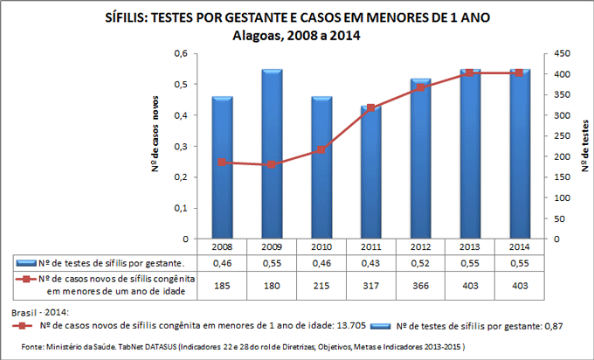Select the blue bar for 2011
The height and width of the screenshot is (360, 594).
pyautogui.click(x=371, y=175)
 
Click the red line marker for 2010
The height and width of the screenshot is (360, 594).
pyautogui.click(x=321, y=149)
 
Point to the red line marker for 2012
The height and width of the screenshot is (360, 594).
pyautogui.click(x=421, y=87)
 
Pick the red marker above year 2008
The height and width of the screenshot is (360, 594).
pyautogui.click(x=222, y=163)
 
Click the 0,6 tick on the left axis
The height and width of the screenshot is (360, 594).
pyautogui.click(x=183, y=53)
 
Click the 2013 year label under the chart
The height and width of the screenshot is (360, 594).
pyautogui.click(x=471, y=247)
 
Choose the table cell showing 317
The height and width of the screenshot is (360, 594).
pyautogui.click(x=371, y=285)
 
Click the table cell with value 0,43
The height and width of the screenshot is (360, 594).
pyautogui.click(x=371, y=262)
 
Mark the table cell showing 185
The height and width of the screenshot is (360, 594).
pyautogui.click(x=222, y=285)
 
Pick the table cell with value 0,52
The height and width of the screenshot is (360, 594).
pyautogui.click(x=421, y=262)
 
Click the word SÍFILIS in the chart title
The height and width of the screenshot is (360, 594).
pyautogui.click(x=125, y=18)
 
